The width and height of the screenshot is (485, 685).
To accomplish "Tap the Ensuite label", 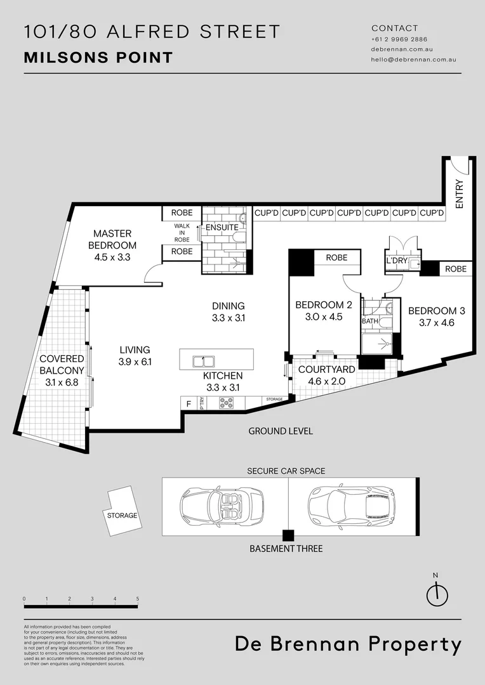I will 222,227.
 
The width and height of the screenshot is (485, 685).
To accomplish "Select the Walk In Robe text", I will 182,232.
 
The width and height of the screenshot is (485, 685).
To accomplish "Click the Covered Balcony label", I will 62,364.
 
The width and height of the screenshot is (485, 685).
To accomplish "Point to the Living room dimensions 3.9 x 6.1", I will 134,362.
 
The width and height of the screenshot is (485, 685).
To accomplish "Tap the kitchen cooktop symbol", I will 226,402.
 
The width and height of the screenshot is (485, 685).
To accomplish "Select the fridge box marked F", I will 188,403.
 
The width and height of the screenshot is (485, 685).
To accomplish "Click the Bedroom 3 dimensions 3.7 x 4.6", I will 436,322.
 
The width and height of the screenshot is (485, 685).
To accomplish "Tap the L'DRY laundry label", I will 396,261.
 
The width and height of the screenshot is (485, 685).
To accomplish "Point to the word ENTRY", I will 460,194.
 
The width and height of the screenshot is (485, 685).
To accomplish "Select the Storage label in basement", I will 122,515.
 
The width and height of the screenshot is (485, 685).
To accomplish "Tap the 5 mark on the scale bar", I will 137,599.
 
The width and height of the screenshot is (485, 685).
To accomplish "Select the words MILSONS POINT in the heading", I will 98,58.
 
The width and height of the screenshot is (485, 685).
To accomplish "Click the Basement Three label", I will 286,548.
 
